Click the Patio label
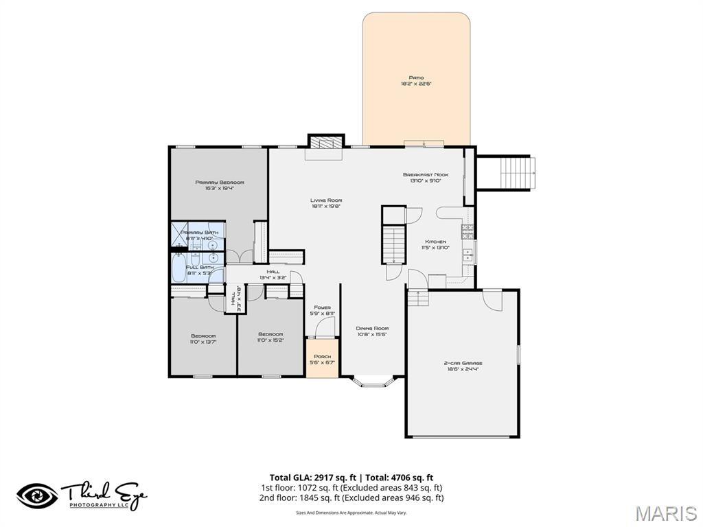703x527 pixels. [x=416, y=80]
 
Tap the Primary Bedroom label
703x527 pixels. [x=220, y=185]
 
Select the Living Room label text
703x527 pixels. [x=326, y=203]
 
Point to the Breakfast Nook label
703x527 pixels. [x=426, y=178]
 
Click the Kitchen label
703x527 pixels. [x=435, y=245]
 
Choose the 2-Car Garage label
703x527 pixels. [x=463, y=366]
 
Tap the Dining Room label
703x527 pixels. [x=373, y=331]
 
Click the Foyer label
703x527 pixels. [x=323, y=310]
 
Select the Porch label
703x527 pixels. [x=322, y=360]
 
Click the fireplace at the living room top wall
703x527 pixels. [x=325, y=143]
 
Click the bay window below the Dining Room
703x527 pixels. [x=374, y=382]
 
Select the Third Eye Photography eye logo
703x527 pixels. [x=38, y=495]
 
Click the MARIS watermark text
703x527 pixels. [x=665, y=513]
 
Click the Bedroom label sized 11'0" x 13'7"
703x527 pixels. [x=203, y=338]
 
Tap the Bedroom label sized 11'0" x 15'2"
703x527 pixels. [x=270, y=337]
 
